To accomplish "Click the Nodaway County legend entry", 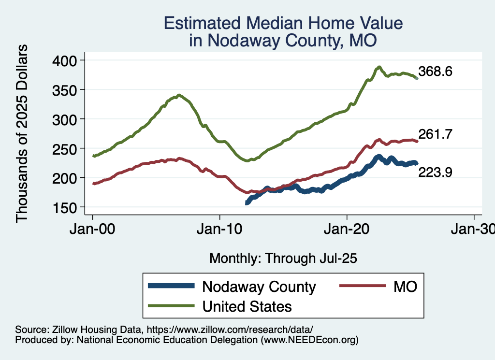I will pyautogui.click(x=259, y=287).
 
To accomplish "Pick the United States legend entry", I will pyautogui.click(x=247, y=306).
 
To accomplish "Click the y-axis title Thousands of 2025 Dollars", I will pyautogui.click(x=22, y=133).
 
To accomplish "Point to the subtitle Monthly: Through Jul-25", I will pyautogui.click(x=283, y=259).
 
